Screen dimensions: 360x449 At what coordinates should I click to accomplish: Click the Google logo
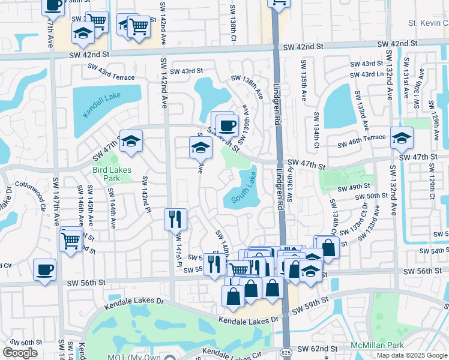[20, 353]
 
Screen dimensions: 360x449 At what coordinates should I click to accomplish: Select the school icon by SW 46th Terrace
[401, 137]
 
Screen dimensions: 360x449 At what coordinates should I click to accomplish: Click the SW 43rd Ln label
[366, 74]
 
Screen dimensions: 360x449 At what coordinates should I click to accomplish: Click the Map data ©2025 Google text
[412, 355]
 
